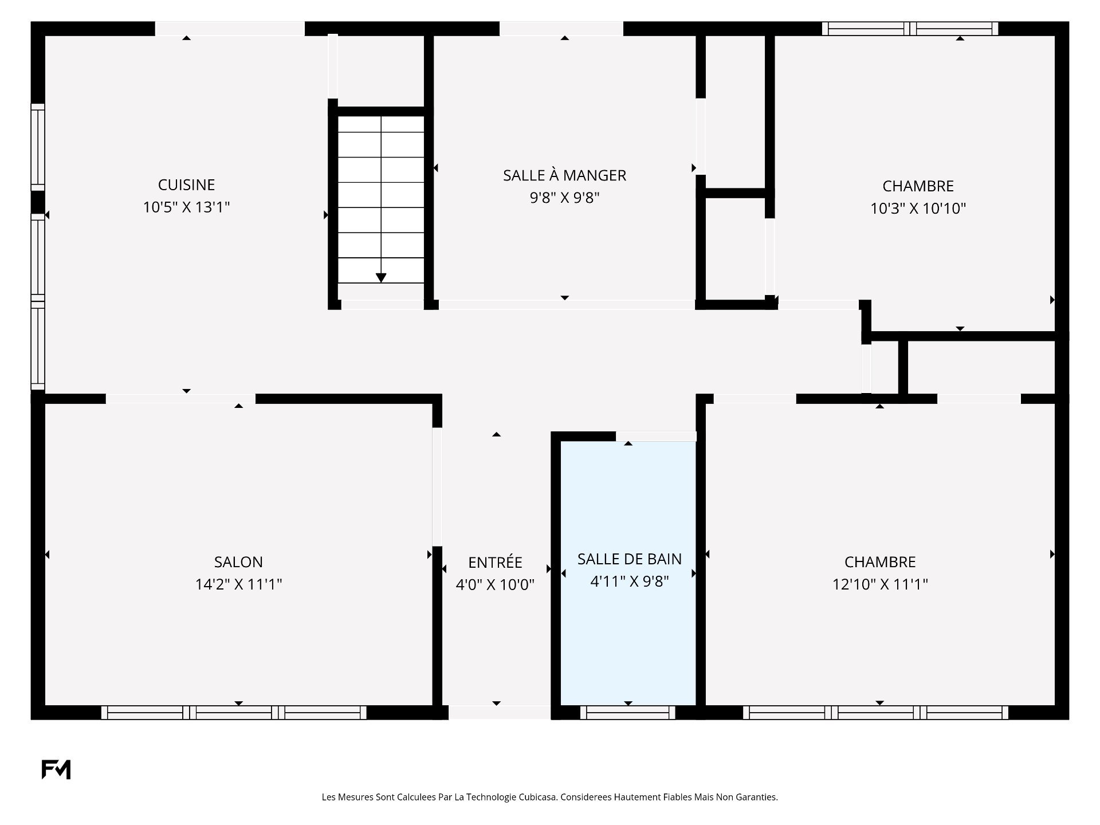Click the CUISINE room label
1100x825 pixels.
point(186,184)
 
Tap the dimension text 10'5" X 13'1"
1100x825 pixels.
point(186,207)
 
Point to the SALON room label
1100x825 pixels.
point(238,562)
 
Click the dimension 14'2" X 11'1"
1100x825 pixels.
point(238,584)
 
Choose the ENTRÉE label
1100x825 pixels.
point(495,561)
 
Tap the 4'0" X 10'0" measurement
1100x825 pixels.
point(495,584)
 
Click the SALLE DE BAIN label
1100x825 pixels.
point(630,559)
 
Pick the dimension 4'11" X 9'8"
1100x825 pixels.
point(630,581)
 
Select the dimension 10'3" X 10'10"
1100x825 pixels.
point(918,208)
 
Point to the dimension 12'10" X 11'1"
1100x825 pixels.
point(880,584)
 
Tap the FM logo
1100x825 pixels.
point(56,769)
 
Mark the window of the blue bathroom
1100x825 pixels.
point(628,712)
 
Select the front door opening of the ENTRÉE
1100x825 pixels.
point(499,712)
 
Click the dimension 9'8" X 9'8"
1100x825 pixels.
point(564,198)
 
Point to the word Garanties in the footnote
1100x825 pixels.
point(759,797)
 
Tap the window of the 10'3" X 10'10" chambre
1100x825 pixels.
point(910,29)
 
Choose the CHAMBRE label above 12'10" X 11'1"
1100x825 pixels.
point(880,562)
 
